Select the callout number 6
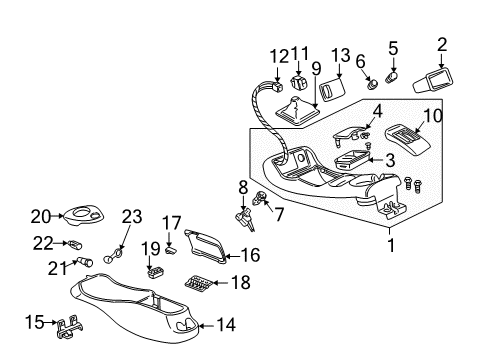click(359, 61)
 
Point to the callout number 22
click(40, 243)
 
